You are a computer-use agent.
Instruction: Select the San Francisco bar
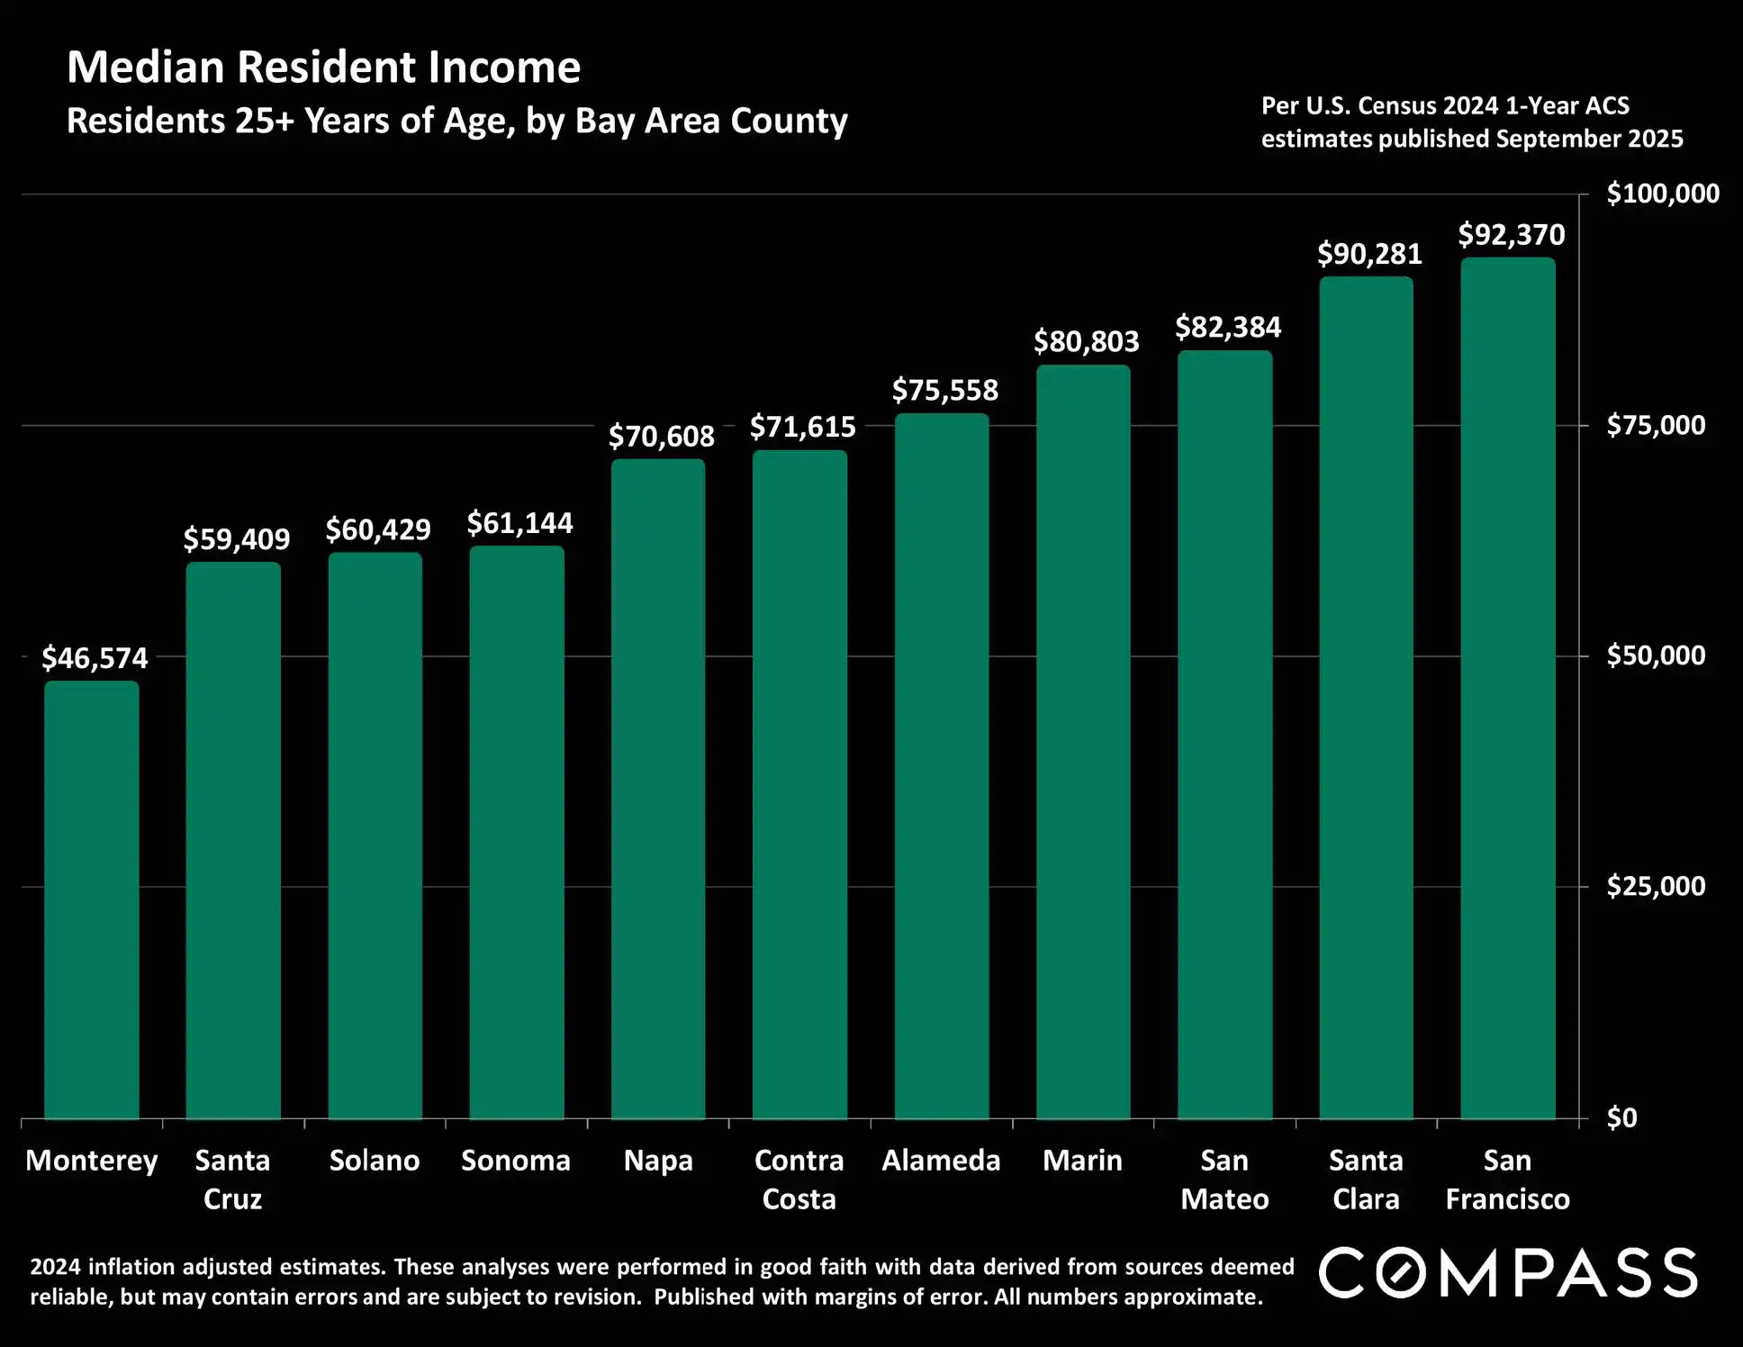tap(1507, 688)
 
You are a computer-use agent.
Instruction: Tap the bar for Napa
tap(658, 789)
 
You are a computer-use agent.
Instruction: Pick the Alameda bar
tap(941, 765)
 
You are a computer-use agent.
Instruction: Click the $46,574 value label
tap(95, 658)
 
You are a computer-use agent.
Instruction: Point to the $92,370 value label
tap(1512, 235)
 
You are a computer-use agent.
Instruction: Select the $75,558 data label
tap(944, 390)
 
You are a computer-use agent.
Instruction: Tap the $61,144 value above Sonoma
tap(519, 523)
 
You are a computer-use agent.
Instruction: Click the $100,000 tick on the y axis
tap(1663, 194)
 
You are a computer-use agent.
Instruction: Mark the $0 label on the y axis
tap(1621, 1117)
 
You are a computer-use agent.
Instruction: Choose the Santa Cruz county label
tap(232, 1179)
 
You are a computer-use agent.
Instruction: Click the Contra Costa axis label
tap(799, 1179)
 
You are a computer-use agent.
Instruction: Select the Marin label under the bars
tap(1082, 1160)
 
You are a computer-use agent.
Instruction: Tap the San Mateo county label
tap(1224, 1179)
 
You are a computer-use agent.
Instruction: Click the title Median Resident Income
tap(324, 68)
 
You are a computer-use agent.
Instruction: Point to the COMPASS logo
tap(1508, 1272)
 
